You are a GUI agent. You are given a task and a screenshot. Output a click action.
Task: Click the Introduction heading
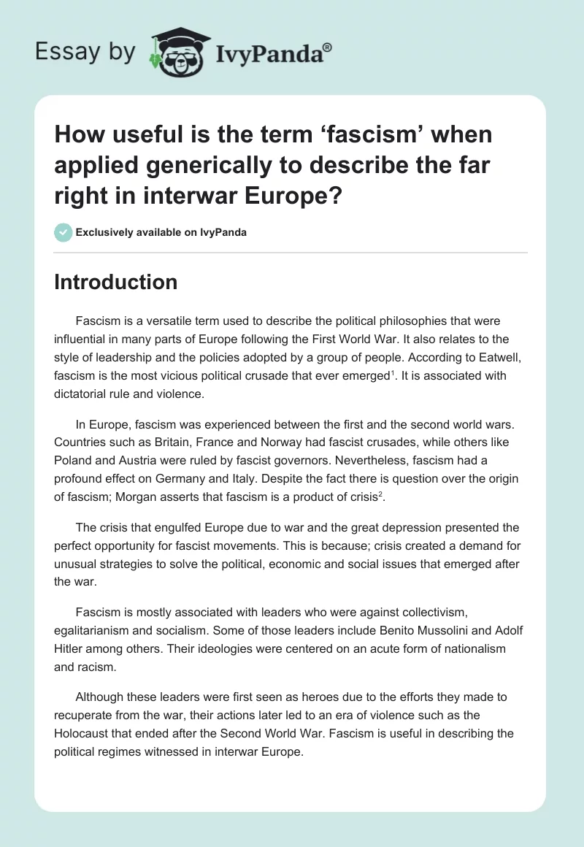(115, 283)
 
